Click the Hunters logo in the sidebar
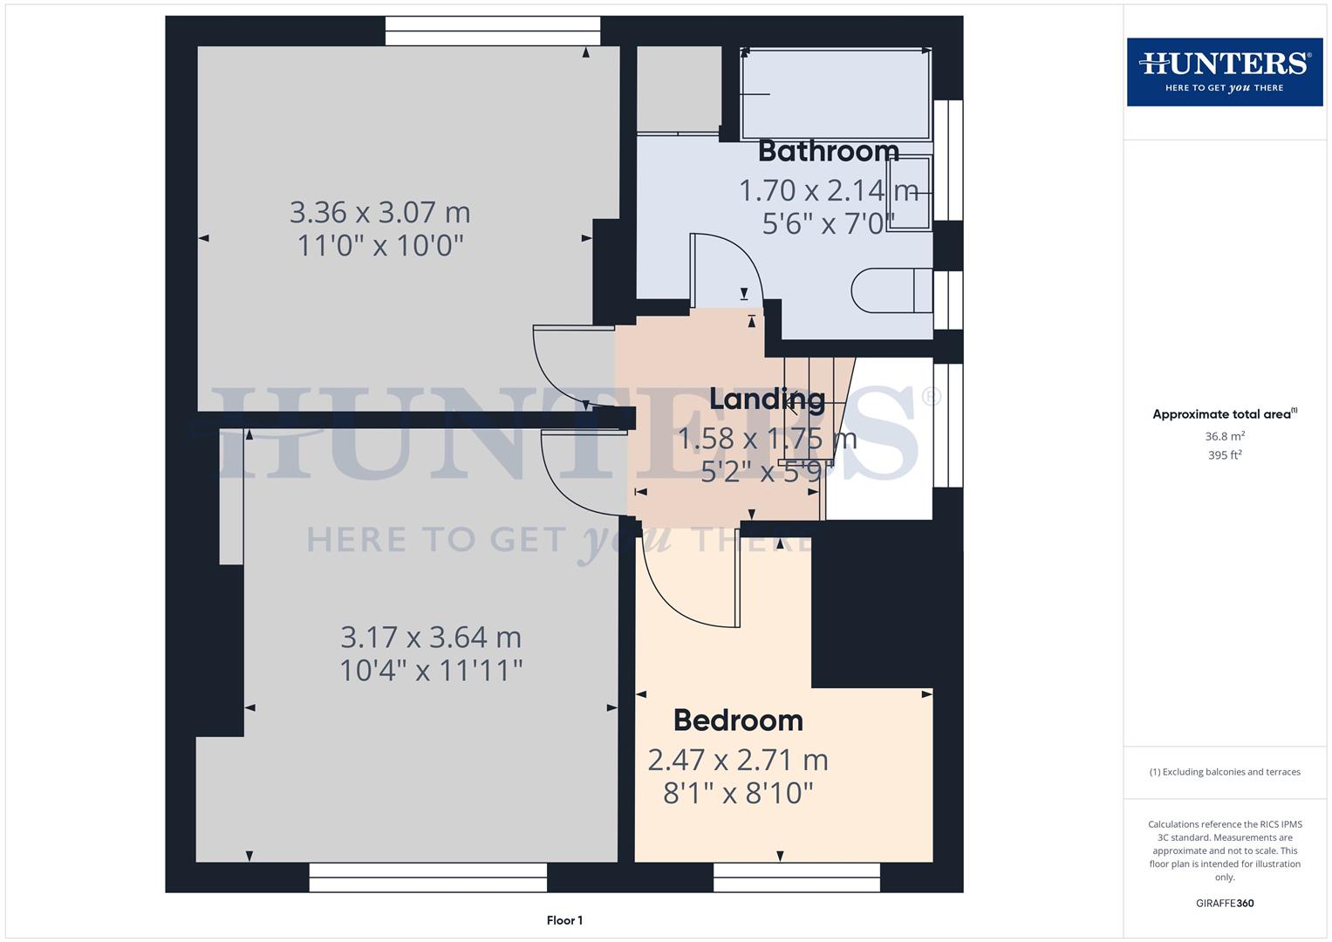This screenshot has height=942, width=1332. coord(1224,72)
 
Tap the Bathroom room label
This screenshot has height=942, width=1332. coord(828,151)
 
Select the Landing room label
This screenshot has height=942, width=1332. coord(767,399)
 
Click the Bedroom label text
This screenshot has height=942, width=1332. coord(738,720)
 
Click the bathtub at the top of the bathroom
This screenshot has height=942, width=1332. coord(836,92)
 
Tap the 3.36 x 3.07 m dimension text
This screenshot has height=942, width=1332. coord(379,212)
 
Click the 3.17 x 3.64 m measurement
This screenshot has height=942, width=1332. coord(431,638)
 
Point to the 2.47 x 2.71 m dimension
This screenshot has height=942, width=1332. coord(738,760)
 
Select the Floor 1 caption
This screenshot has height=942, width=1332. coord(564,920)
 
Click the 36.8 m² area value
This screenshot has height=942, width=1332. coord(1224,436)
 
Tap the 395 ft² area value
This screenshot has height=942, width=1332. coord(1224,455)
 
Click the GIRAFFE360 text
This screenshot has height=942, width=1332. coord(1224,903)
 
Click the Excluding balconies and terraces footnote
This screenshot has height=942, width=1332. coord(1224,772)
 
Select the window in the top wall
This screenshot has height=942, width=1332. coord(493,31)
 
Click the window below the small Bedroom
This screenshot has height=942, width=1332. coord(796,877)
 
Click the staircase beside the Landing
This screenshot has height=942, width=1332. coord(816,410)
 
